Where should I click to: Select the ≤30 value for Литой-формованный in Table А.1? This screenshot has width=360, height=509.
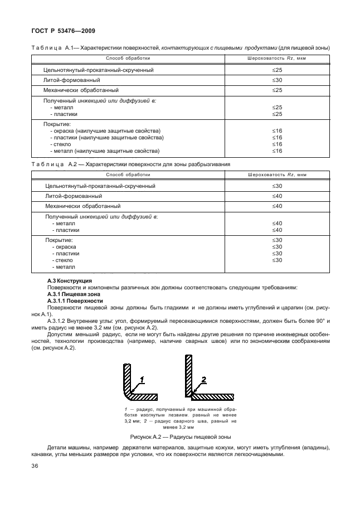point(277,80)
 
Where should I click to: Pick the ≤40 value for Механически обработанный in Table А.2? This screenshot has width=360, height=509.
point(277,206)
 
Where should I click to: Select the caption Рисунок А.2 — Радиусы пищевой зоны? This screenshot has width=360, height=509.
point(180,437)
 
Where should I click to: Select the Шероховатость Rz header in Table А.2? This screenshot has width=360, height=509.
point(277,174)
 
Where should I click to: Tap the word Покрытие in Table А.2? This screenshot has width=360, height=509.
point(59,240)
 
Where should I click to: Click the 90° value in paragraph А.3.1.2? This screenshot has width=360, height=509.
point(325,322)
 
